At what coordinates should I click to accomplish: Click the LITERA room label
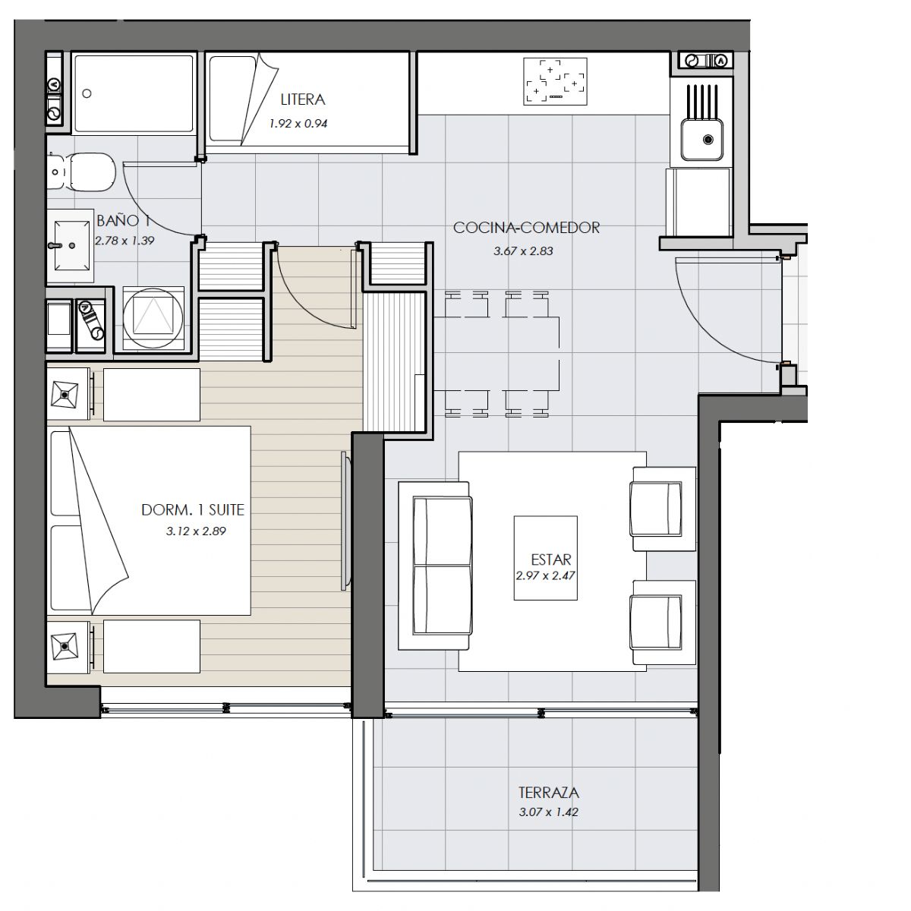[303, 99]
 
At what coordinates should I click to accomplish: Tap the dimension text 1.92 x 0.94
[298, 124]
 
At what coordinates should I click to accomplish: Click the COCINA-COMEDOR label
[526, 228]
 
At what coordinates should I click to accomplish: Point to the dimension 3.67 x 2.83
[523, 251]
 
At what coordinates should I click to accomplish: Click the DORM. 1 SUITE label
[193, 509]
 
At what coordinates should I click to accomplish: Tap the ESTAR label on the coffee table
[550, 560]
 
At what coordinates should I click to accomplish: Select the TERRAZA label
[548, 793]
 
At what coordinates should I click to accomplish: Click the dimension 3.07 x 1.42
[548, 812]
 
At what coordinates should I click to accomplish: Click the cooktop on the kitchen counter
[556, 81]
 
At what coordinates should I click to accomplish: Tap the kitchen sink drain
[708, 140]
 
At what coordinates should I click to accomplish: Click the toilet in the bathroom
[82, 172]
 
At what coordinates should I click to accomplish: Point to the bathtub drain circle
[87, 93]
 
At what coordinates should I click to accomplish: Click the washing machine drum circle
[153, 317]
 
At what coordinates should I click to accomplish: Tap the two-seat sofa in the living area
[436, 566]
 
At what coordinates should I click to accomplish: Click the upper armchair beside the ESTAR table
[664, 509]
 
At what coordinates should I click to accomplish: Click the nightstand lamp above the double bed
[65, 394]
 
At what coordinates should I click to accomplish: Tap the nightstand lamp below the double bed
[65, 647]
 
